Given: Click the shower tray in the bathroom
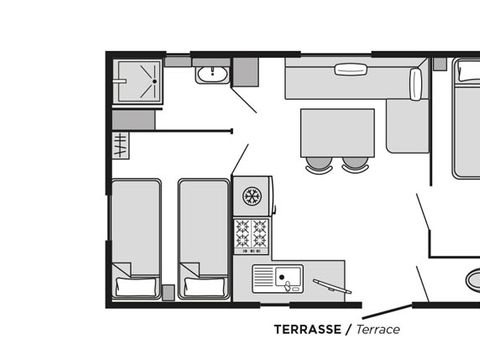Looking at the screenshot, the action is coord(138,81).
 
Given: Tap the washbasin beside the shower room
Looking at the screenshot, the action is coord(212,75).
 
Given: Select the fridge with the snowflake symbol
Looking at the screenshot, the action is coord(253,196).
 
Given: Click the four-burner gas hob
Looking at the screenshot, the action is coord(251,235).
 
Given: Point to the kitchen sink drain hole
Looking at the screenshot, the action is coord(282,277).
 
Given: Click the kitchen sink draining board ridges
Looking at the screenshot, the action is coord(263,279).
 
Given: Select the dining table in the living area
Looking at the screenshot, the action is coord(338,133).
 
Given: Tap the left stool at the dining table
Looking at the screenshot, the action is coord(319,165).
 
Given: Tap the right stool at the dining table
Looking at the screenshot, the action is coord(355,165).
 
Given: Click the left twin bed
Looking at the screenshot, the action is coord(136,238).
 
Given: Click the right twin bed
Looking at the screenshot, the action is coord(204,238).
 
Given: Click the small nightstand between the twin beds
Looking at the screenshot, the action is coord(168,292).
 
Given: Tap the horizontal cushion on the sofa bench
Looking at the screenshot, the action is coord(351,70).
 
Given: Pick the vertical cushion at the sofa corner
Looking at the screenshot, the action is coord(416,84).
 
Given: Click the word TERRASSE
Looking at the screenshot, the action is coord(308,329).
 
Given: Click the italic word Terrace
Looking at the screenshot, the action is coord(378,329).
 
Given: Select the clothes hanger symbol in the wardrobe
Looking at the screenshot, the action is coord(120,145).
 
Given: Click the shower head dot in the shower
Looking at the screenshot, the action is coord(154,81).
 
